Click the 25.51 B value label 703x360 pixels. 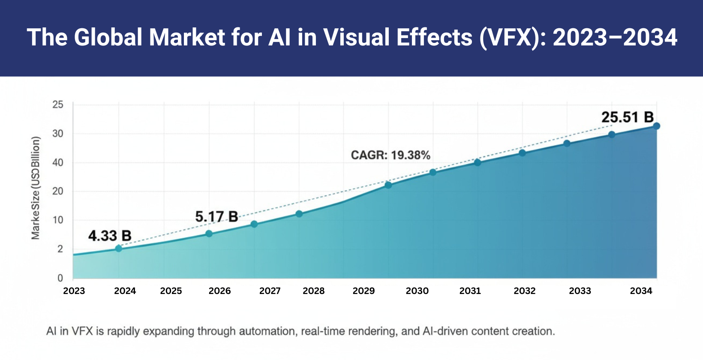click(627, 117)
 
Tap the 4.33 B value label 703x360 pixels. click(110, 236)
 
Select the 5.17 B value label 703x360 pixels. click(216, 216)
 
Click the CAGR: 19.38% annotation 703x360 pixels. click(390, 155)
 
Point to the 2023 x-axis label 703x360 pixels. click(74, 291)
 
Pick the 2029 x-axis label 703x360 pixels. click(364, 291)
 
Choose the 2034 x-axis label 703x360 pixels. click(641, 291)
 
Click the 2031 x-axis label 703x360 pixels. click(470, 291)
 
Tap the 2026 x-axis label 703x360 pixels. click(219, 291)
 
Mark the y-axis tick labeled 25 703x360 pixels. click(58, 105)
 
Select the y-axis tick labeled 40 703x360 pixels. click(58, 162)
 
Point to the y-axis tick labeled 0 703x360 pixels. click(60, 278)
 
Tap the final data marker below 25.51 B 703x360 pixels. click(656, 126)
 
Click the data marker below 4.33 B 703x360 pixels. click(119, 248)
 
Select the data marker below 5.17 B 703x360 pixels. click(209, 234)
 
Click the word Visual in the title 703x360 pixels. click(357, 37)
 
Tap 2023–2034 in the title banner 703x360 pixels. click(615, 37)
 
